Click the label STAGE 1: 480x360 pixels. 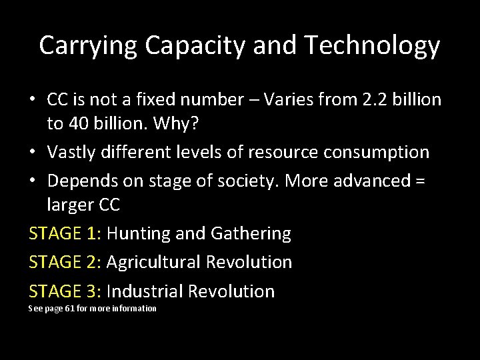(x=65, y=234)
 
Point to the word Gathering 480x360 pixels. (x=251, y=234)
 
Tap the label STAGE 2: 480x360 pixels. (x=65, y=263)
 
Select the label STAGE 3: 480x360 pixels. (x=65, y=291)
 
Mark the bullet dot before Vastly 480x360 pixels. (x=33, y=153)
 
